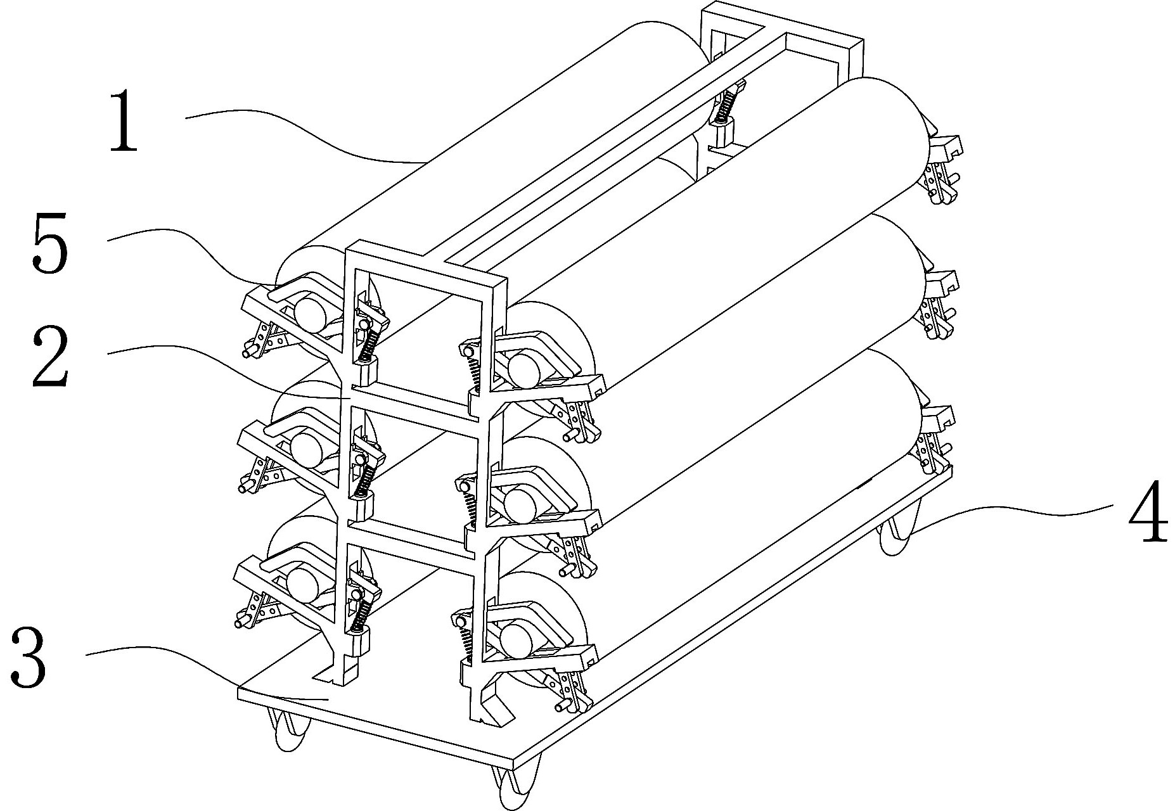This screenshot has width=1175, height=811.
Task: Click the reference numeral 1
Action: click(x=124, y=120)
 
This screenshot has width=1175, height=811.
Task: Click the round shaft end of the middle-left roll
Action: click(x=305, y=446)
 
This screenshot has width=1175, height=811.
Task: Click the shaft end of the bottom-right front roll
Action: click(x=515, y=639)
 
